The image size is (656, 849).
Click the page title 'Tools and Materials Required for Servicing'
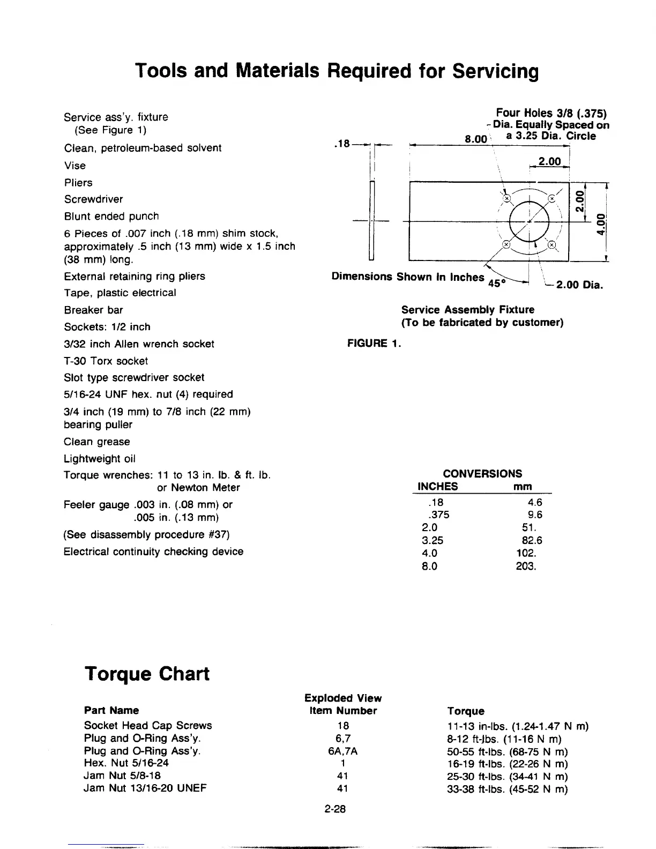(337, 71)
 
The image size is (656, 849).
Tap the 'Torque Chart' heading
(147, 674)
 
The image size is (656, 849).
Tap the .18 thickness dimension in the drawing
(341, 143)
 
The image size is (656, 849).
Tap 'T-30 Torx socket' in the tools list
(106, 361)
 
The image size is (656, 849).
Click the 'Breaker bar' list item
(93, 310)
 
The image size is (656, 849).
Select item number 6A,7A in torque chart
(342, 751)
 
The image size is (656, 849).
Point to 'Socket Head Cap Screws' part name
(148, 725)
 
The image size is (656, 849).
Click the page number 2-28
(336, 809)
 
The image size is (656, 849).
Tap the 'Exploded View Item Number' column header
(343, 704)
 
